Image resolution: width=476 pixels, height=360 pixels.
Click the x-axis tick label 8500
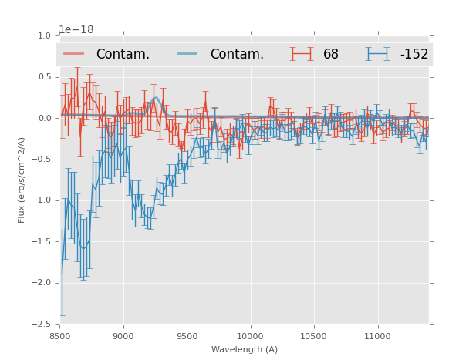pos(60,336)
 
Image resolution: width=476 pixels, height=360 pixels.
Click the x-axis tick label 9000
pos(123,336)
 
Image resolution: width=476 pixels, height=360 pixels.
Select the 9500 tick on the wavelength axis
pos(187,336)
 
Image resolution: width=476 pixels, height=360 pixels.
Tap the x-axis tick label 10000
pos(250,336)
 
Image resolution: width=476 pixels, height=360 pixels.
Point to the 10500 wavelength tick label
pos(313,336)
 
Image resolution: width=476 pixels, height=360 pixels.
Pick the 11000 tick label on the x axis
pos(376,336)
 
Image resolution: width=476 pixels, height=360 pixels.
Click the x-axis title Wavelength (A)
pos(245,349)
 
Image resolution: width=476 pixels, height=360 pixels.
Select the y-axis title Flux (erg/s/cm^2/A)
pos(22,180)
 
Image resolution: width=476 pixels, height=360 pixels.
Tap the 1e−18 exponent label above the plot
pos(76,30)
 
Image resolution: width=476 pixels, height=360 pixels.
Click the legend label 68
pos(331,55)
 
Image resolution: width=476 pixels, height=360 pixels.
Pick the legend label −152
pos(414,55)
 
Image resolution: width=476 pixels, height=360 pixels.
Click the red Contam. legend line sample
pos(74,54)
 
